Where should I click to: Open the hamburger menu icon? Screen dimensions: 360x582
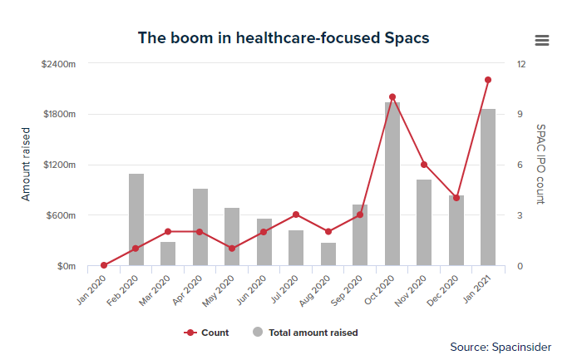point(542,40)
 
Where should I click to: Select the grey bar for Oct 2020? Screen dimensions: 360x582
point(392,184)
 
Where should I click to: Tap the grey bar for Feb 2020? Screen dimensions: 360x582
point(136,219)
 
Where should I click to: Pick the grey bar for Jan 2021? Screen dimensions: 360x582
point(488,187)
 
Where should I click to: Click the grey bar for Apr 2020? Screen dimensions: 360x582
point(200,227)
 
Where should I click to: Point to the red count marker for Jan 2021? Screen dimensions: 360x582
point(488,80)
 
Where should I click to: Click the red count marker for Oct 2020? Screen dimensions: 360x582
point(392,97)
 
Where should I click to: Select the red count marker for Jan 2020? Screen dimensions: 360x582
point(104,265)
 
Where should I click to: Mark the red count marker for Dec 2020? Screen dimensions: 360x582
point(456,198)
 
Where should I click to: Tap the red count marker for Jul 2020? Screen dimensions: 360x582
point(296,215)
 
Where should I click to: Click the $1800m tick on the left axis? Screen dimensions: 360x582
point(60,114)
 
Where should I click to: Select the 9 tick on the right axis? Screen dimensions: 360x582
point(520,114)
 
